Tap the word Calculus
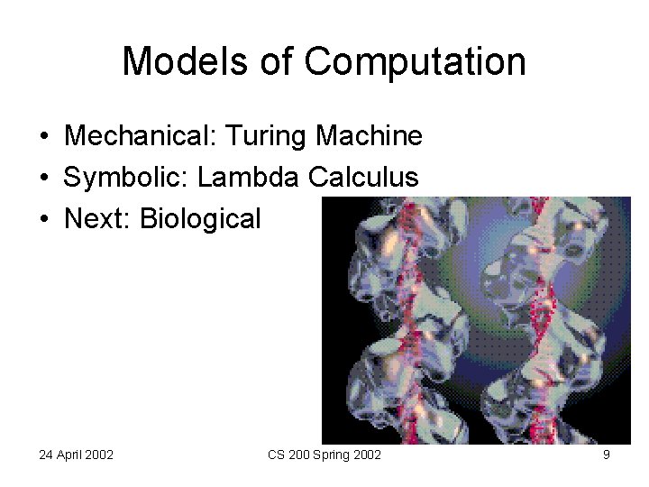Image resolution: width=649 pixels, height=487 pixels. (363, 178)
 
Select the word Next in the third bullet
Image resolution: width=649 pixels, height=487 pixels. (96, 219)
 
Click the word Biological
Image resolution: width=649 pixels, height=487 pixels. (200, 219)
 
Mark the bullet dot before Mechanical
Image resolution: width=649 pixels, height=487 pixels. (44, 137)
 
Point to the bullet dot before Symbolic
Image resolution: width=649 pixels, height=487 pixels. (44, 179)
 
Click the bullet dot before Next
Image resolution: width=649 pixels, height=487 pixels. (44, 220)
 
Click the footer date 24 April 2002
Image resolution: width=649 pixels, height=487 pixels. (76, 455)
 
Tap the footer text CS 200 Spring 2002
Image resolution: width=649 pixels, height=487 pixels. (324, 455)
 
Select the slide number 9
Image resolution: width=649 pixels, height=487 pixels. (607, 455)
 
